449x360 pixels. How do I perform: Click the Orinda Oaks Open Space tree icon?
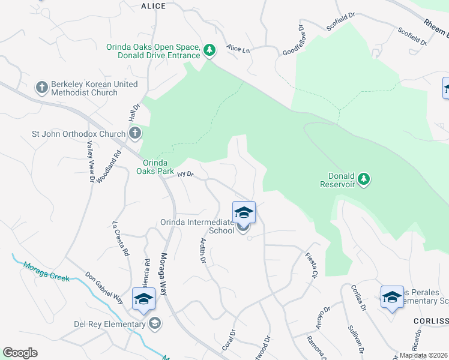(209, 50)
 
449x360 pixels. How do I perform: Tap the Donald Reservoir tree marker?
(363, 179)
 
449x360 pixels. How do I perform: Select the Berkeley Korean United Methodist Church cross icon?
(41, 88)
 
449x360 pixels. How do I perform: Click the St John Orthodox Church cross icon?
(135, 133)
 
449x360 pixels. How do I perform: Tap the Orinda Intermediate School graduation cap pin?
(244, 213)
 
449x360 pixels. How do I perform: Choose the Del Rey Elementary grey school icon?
(155, 324)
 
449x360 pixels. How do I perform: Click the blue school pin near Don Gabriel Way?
(144, 299)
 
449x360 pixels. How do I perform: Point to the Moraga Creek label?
(46, 271)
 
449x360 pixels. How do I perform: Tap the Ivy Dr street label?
(185, 174)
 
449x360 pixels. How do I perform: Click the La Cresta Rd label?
(121, 239)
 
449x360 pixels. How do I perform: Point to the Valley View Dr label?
(91, 161)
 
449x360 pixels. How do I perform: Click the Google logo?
(20, 352)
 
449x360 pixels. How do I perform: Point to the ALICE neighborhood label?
(153, 6)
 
